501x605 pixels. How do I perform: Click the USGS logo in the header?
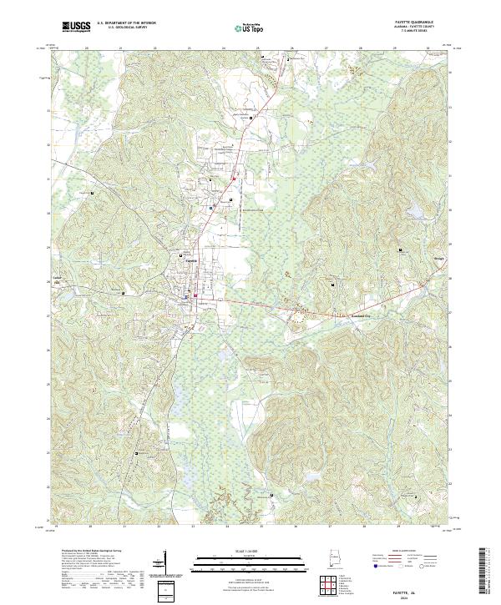[77, 27]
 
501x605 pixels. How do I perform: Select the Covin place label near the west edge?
[58, 279]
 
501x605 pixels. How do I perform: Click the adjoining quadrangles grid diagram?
[334, 586]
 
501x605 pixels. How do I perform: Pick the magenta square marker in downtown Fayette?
[195, 295]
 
